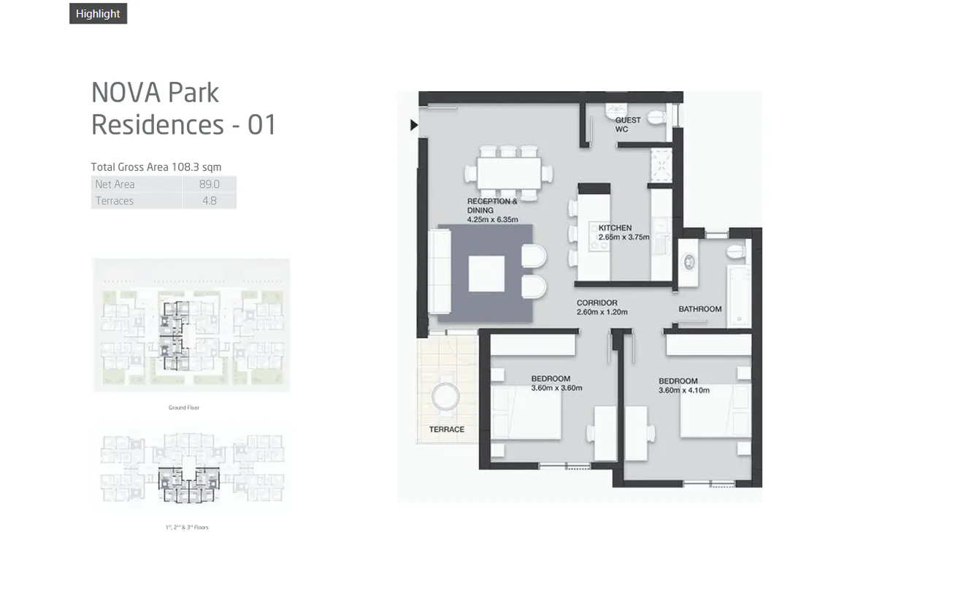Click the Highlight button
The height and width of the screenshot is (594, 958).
tap(98, 14)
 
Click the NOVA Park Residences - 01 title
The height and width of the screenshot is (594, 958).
tap(183, 108)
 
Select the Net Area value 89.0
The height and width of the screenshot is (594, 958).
tap(210, 184)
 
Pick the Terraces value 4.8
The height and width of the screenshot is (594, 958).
tap(210, 201)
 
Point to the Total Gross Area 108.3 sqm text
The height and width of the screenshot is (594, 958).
tap(156, 167)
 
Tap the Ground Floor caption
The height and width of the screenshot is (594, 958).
tap(184, 408)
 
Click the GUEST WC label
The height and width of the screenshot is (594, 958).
tap(627, 125)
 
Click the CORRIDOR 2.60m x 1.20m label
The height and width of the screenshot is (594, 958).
tap(602, 308)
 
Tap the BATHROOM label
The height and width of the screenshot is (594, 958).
tap(700, 309)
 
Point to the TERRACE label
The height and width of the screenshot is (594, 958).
tap(446, 430)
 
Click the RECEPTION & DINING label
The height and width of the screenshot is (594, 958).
tap(492, 210)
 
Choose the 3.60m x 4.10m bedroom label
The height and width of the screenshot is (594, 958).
tap(683, 386)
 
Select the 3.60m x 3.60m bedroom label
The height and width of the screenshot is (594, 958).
tap(556, 384)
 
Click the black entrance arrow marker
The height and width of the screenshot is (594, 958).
tap(413, 125)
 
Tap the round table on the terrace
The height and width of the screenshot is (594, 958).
tap(445, 397)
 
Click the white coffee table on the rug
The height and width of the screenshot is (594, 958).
tap(486, 273)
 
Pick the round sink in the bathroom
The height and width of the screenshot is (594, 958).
tap(689, 262)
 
